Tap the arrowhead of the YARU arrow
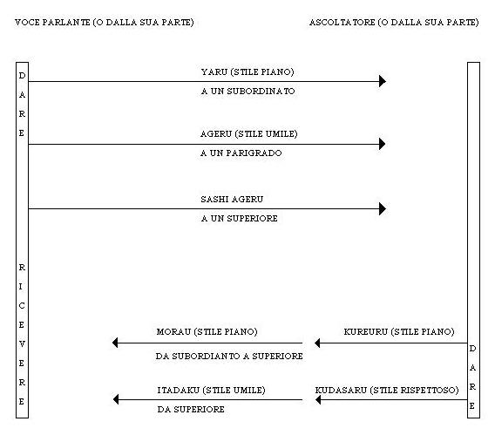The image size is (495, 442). (x=383, y=81)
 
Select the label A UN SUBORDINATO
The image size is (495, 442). (x=247, y=92)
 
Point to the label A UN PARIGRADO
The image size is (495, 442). (x=241, y=153)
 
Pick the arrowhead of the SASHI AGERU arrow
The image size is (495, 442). (x=383, y=208)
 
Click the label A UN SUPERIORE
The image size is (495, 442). (x=240, y=219)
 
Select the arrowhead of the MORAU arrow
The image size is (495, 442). (x=115, y=343)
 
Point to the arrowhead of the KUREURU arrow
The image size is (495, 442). (x=317, y=343)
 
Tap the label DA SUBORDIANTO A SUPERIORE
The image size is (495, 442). (x=229, y=356)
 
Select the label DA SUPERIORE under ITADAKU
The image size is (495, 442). (x=191, y=410)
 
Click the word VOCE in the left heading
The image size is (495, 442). (x=27, y=23)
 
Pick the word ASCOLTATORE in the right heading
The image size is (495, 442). (x=342, y=23)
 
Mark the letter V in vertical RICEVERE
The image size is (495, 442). (x=22, y=344)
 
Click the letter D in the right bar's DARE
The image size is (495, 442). (x=472, y=349)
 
